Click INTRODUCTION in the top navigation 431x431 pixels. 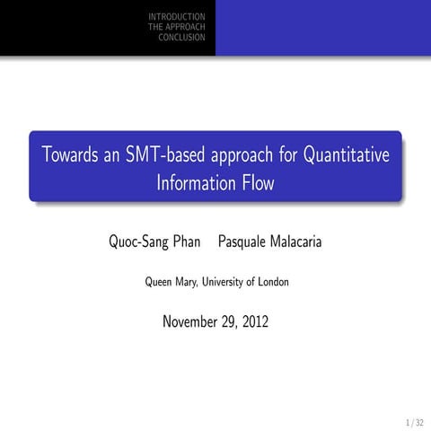(x=177, y=17)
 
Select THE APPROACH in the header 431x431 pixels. (x=177, y=27)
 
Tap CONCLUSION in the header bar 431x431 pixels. (x=181, y=37)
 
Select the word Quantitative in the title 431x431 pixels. (x=346, y=154)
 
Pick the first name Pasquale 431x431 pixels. (x=246, y=243)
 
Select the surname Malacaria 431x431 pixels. (x=300, y=243)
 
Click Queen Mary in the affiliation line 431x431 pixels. (x=172, y=282)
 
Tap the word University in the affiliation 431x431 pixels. (x=228, y=281)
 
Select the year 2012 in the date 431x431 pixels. (x=252, y=321)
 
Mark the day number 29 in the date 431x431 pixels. (x=224, y=321)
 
